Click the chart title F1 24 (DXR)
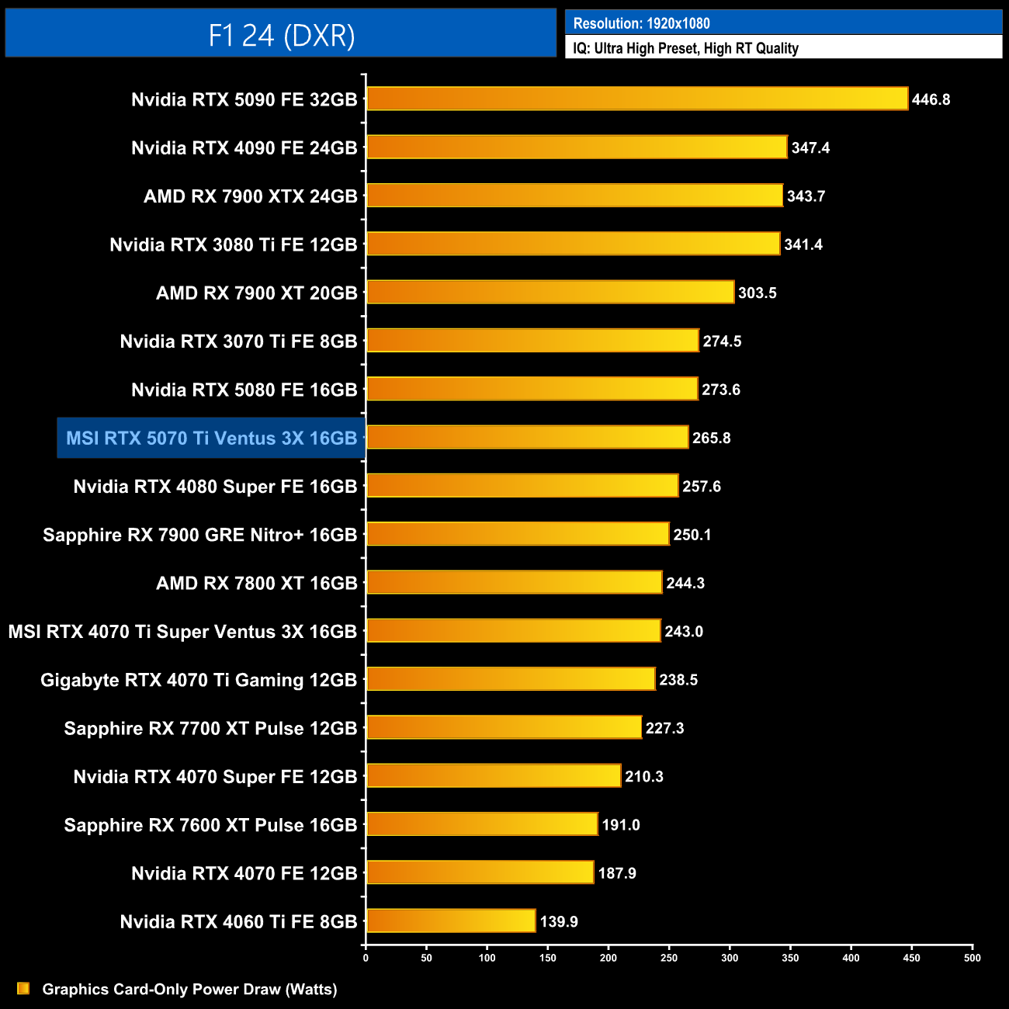[x=281, y=36]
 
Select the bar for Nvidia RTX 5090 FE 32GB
[x=636, y=99]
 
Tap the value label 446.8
[x=931, y=99]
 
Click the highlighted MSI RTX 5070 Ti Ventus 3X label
[x=211, y=438]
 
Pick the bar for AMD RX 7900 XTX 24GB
[x=574, y=196]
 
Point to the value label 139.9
[x=559, y=921]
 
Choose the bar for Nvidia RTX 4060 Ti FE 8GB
[x=451, y=921]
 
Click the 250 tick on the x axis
[x=669, y=958]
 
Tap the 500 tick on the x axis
[x=972, y=958]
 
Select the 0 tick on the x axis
[x=366, y=958]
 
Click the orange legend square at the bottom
[x=23, y=988]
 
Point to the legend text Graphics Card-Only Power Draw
[x=189, y=989]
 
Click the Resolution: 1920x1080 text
[x=641, y=23]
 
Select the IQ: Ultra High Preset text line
[x=685, y=48]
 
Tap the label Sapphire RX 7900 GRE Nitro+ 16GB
[x=199, y=535]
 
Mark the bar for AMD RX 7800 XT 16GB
[x=514, y=582]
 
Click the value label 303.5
[x=757, y=293]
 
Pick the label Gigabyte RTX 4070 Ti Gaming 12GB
[x=199, y=680]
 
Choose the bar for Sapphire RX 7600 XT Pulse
[x=482, y=823]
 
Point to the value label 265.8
[x=711, y=438]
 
